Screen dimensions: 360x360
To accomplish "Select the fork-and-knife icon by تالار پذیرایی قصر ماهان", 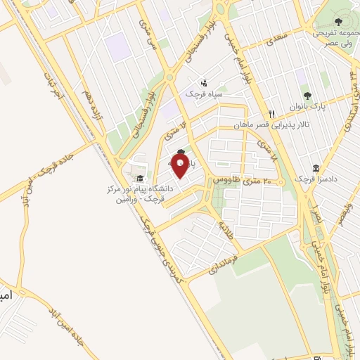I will tap(271, 113).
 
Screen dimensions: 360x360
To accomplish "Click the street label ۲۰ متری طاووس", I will tap(243, 181).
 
